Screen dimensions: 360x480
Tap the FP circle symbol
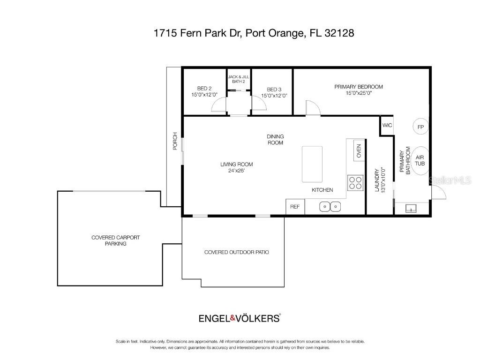click(x=420, y=127)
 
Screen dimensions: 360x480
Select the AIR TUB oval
click(x=420, y=161)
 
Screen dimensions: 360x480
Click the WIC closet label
click(x=387, y=125)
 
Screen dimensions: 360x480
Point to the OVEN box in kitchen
click(x=359, y=151)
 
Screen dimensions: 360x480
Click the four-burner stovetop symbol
click(x=355, y=182)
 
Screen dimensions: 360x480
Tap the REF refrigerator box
click(x=295, y=206)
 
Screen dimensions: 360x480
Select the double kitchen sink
click(x=330, y=206)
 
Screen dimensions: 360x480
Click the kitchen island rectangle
click(x=312, y=164)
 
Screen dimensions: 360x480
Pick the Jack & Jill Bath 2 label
click(x=239, y=79)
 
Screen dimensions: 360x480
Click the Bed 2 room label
click(x=204, y=88)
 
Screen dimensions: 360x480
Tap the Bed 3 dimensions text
click(x=274, y=96)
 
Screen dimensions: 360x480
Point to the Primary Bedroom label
click(x=359, y=87)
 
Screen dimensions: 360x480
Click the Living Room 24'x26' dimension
click(x=237, y=171)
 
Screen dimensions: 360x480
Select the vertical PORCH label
click(x=175, y=141)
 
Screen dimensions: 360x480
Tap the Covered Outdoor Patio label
click(x=236, y=252)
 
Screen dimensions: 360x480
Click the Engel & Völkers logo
click(x=240, y=318)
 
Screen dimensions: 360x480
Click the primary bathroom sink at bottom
click(x=412, y=209)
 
